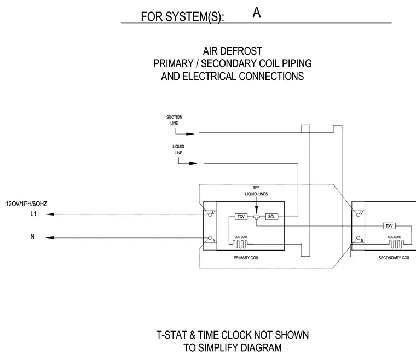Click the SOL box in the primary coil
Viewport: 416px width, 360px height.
pos(271,217)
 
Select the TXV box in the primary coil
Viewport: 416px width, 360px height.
pos(241,217)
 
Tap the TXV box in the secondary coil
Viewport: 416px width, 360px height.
pos(389,226)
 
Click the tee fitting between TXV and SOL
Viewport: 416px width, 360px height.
pos(256,217)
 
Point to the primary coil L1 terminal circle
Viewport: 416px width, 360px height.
pos(210,214)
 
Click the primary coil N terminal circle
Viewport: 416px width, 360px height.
pos(210,238)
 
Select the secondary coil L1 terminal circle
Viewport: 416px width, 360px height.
pos(358,214)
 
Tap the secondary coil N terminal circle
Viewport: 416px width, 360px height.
pos(358,238)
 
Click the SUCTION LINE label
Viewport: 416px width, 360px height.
pos(174,120)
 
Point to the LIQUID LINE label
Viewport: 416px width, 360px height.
pos(178,149)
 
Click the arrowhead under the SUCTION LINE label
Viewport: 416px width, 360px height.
pos(190,134)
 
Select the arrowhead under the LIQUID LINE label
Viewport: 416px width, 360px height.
pos(193,163)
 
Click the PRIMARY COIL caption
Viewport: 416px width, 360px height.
pos(246,258)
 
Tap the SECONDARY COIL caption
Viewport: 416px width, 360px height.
pos(394,258)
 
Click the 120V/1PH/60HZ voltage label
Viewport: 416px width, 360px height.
pos(26,204)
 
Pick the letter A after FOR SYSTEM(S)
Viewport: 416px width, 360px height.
pos(257,13)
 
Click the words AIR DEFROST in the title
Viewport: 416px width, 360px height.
pos(233,51)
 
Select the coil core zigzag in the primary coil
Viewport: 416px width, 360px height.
pos(240,244)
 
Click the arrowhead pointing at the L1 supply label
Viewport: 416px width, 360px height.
pos(50,214)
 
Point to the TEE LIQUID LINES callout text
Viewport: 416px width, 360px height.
pos(256,191)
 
